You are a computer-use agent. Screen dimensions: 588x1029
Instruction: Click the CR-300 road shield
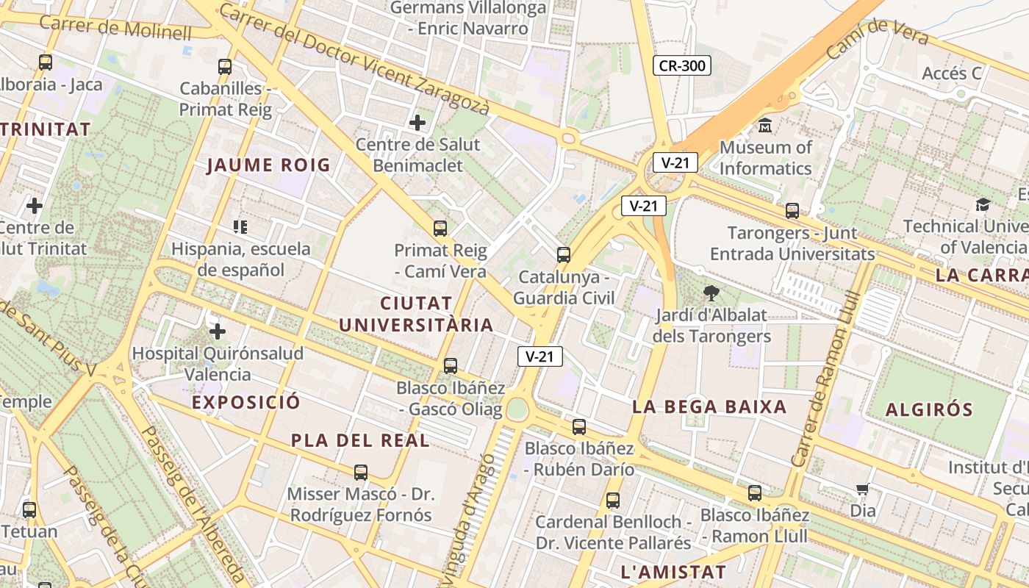[x=681, y=65]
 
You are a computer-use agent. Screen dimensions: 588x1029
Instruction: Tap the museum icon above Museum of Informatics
[x=765, y=125]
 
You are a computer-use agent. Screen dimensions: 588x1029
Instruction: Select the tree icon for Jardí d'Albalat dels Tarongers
[x=711, y=293]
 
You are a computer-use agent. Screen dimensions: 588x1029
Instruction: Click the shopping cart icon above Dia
[x=863, y=490]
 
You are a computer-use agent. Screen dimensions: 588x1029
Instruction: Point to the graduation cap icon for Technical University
[x=983, y=204]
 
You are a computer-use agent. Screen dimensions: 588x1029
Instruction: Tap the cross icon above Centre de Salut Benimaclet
[x=417, y=122]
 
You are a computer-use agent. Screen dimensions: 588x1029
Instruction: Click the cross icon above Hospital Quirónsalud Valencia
[x=217, y=331]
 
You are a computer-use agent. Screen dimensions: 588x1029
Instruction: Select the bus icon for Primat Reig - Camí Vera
[x=440, y=228]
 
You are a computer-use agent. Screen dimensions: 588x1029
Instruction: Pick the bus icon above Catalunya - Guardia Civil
[x=563, y=255]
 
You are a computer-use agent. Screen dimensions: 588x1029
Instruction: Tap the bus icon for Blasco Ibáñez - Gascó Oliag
[x=450, y=365]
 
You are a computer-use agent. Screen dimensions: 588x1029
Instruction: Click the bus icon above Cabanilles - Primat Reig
[x=225, y=66]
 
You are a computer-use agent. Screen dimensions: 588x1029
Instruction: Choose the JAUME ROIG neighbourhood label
[x=268, y=165]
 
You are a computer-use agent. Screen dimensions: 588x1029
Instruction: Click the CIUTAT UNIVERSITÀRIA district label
[x=416, y=314]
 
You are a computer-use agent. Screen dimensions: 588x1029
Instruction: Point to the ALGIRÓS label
[x=929, y=409]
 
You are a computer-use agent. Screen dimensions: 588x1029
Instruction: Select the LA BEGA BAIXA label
[x=709, y=406]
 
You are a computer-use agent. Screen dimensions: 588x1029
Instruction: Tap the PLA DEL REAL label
[x=360, y=440]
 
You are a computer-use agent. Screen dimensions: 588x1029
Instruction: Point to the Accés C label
[x=952, y=73]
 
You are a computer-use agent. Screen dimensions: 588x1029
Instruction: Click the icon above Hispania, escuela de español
[x=240, y=226]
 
